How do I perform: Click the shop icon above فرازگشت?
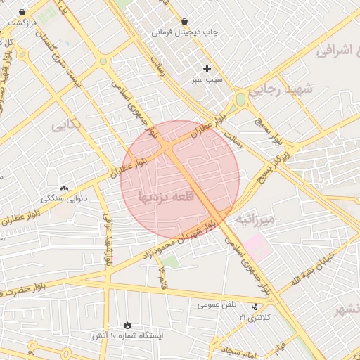23,12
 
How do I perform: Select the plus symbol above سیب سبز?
207,68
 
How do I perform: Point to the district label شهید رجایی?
278,90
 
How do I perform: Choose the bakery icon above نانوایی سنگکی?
65,188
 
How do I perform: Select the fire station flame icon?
127,325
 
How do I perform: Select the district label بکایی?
67,124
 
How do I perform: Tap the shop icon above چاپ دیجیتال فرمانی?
185,21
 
